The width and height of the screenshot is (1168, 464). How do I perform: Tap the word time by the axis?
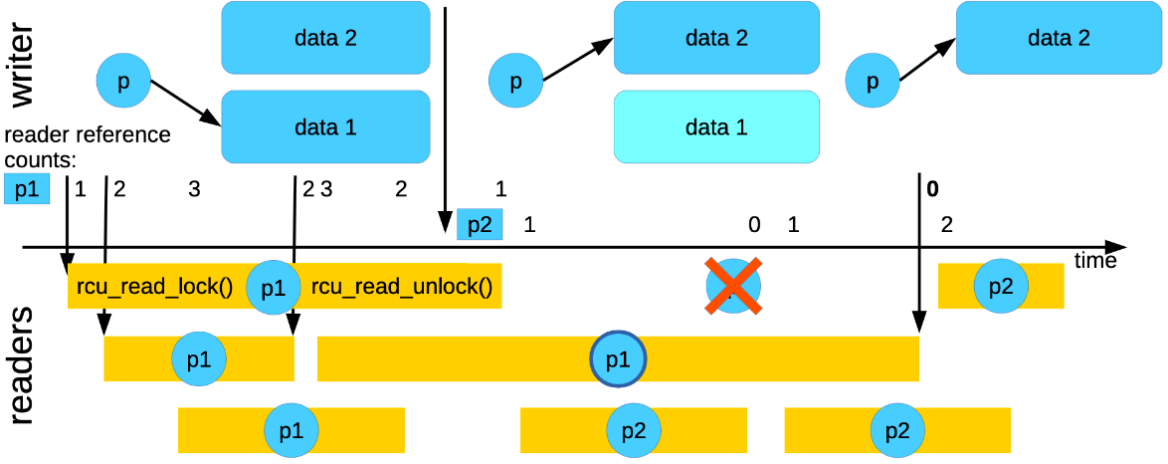pyautogui.click(x=1094, y=261)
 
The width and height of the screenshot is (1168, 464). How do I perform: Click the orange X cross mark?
pyautogui.click(x=733, y=286)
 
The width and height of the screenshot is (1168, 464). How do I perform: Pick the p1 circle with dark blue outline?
pyautogui.click(x=618, y=358)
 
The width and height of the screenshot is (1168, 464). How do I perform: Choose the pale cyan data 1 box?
pyautogui.click(x=716, y=127)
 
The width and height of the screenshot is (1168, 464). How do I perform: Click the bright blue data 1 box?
pyautogui.click(x=325, y=127)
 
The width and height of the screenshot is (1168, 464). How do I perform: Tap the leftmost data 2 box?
pyautogui.click(x=325, y=38)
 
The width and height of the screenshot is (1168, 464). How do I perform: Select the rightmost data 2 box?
pyautogui.click(x=1059, y=38)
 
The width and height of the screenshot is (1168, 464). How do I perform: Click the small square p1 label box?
pyautogui.click(x=26, y=188)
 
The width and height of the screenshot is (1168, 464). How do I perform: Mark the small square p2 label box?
pyautogui.click(x=480, y=225)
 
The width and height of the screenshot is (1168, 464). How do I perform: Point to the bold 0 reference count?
pyautogui.click(x=932, y=188)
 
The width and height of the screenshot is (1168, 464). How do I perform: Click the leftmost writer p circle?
pyautogui.click(x=123, y=83)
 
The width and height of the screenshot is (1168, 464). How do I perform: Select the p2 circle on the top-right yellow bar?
pyautogui.click(x=1001, y=286)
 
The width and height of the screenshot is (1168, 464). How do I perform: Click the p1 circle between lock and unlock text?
pyautogui.click(x=273, y=288)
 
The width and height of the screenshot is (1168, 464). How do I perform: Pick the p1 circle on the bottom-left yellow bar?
pyautogui.click(x=291, y=430)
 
